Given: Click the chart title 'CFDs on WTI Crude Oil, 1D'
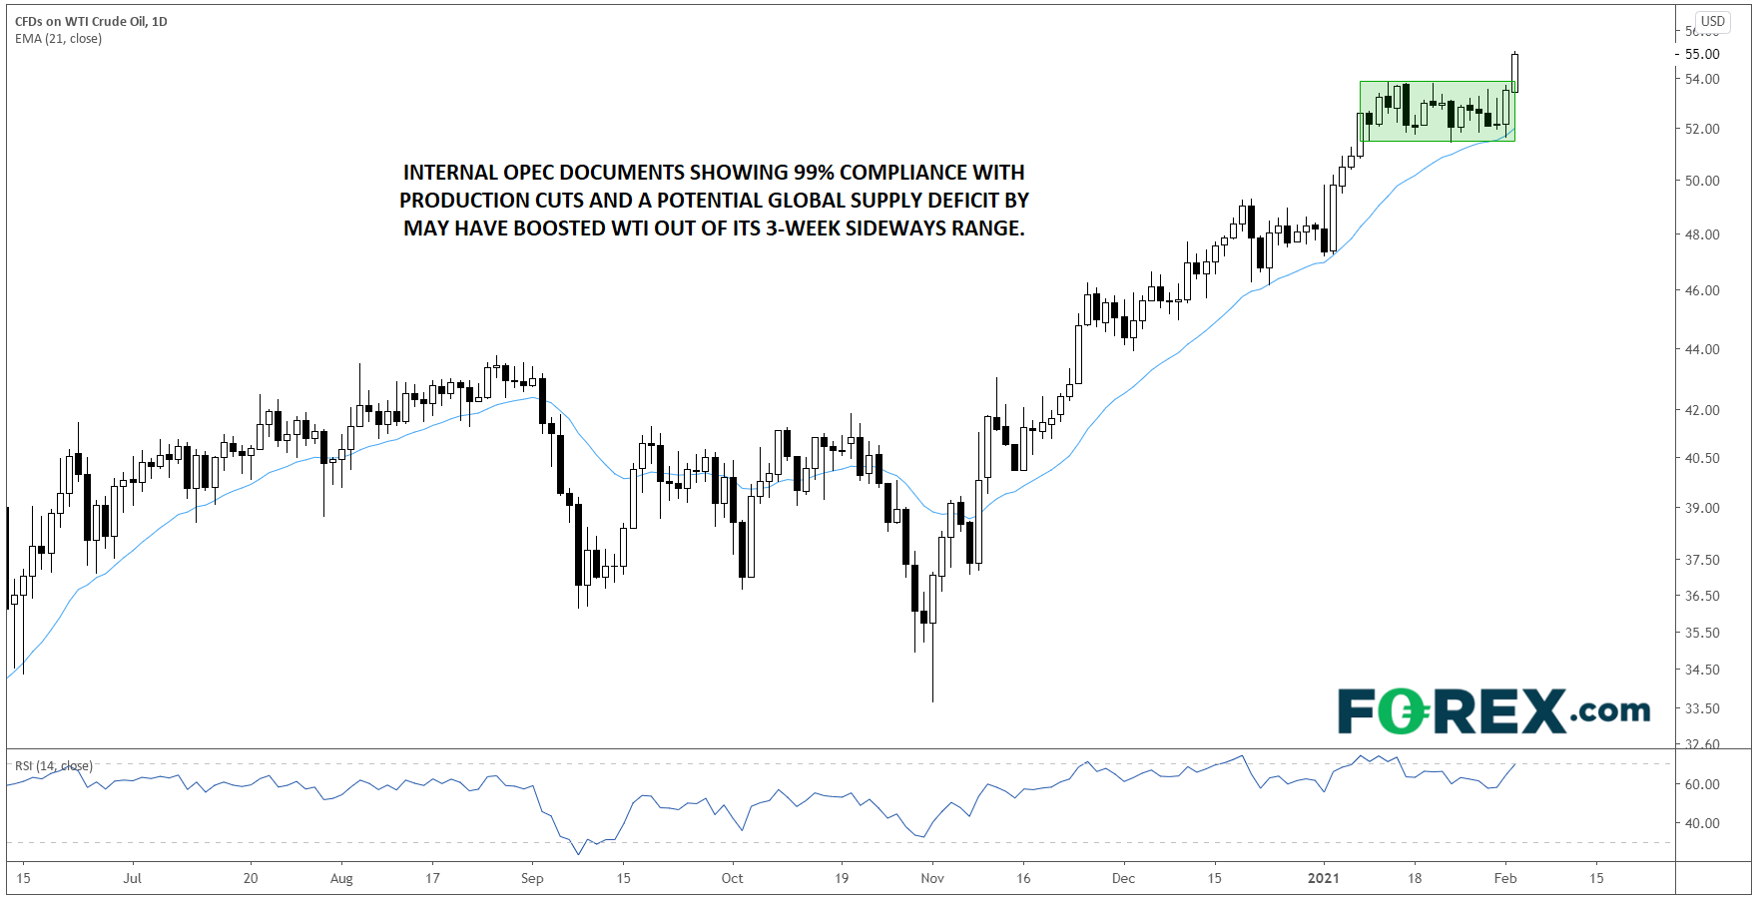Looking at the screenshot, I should [91, 21].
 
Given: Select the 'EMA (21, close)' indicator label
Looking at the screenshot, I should [58, 39].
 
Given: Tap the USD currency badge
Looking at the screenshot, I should [1713, 21].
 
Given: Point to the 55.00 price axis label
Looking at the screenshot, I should [1702, 54].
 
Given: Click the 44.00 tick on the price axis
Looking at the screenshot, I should [1702, 349].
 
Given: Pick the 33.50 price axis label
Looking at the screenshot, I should [1702, 708].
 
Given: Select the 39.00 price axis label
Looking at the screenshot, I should [1702, 508].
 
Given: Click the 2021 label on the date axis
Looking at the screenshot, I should [1324, 878].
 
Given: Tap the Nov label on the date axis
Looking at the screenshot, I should [932, 878].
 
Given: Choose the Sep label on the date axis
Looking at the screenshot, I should [532, 878].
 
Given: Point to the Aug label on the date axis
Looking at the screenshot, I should [341, 878].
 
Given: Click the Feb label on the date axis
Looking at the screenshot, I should [1505, 878].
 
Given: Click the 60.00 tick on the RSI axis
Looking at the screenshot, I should [1702, 784].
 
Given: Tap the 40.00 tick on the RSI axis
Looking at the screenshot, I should [1702, 823].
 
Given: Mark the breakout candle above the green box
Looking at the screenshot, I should [1515, 72].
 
